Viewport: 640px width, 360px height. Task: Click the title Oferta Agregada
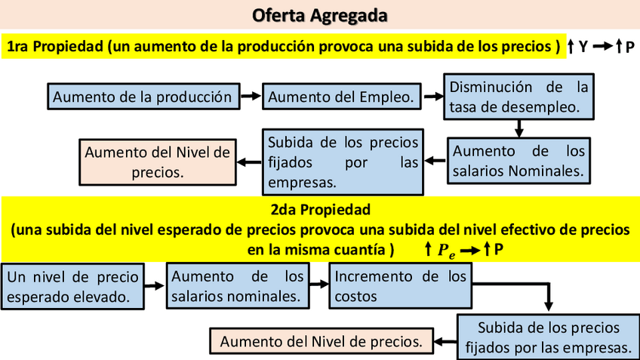320,14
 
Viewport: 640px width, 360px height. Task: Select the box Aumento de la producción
143,97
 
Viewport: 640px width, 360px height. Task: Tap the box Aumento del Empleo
342,97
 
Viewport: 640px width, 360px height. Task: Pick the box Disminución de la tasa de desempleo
518,97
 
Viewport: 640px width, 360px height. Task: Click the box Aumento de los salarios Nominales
518,161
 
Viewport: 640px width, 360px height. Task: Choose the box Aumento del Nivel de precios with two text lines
158,162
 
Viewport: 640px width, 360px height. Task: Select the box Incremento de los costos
400,286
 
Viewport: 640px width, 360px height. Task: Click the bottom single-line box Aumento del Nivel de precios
321,342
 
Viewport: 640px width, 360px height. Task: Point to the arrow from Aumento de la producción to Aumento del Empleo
251,97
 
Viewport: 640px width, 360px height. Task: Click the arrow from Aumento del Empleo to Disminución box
432,97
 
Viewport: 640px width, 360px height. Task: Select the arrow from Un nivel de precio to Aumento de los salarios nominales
155,286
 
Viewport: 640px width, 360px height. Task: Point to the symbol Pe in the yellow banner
446,251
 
